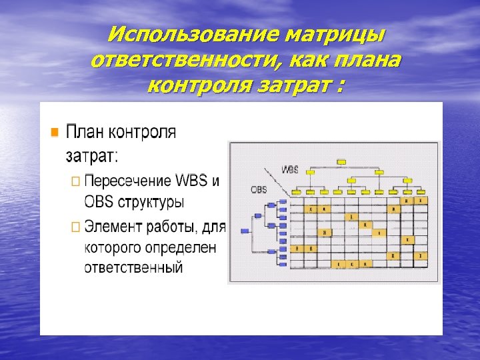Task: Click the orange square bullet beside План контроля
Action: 56,131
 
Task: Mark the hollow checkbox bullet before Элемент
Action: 75,227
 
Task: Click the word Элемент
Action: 113,227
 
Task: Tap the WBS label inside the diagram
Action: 290,169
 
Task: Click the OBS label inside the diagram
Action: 259,189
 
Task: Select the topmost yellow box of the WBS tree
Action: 341,161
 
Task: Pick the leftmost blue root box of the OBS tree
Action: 245,231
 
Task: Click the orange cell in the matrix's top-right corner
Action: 421,200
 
